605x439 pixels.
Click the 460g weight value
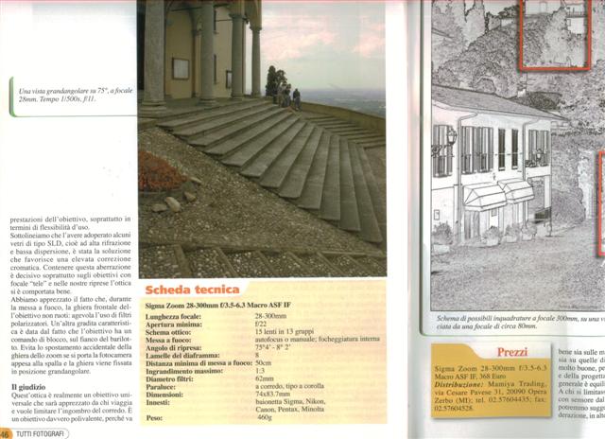pyautogui.click(x=265, y=417)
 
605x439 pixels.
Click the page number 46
pyautogui.click(x=7, y=433)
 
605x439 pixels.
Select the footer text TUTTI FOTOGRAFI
pyautogui.click(x=43, y=433)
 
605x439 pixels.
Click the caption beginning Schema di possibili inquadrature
pyautogui.click(x=517, y=320)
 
